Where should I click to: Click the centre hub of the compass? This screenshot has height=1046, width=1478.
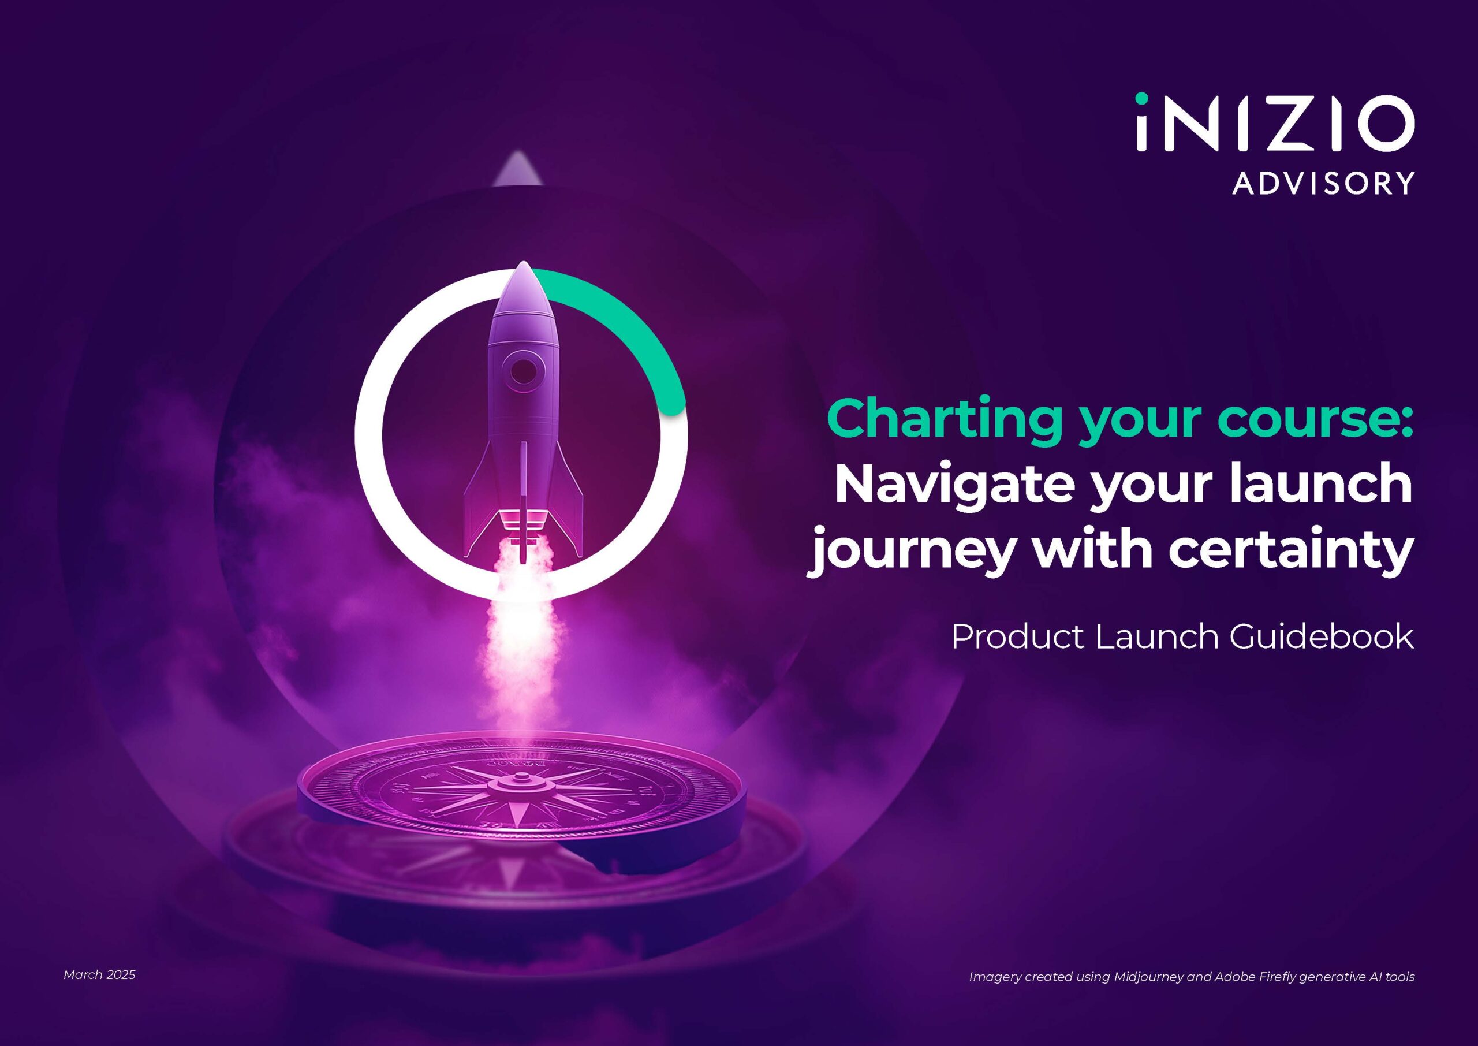coord(519,784)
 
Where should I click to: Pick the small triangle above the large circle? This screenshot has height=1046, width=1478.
coord(516,169)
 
